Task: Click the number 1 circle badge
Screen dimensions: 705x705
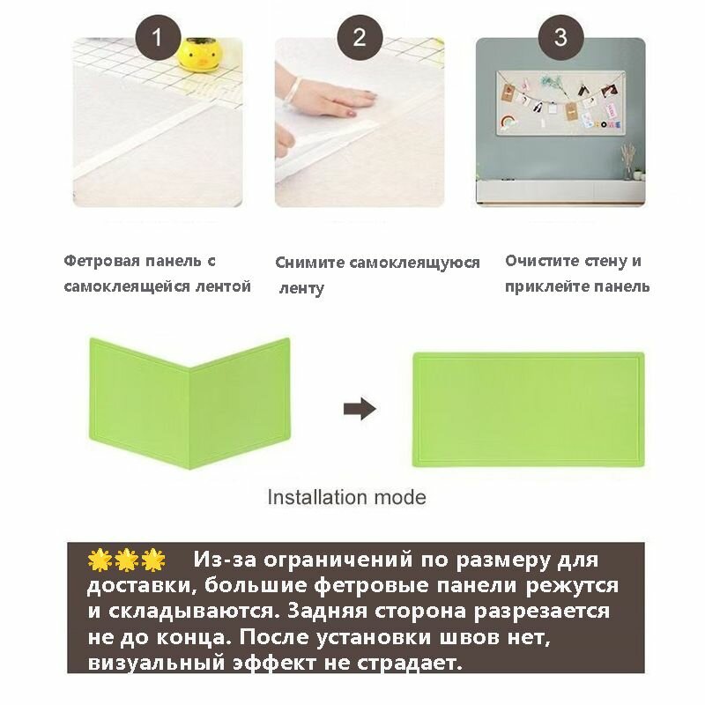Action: point(158,37)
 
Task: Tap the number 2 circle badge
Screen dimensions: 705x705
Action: point(360,37)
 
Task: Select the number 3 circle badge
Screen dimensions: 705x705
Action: point(560,37)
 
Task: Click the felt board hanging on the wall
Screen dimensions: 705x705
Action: point(560,103)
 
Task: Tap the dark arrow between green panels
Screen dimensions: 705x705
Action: point(360,409)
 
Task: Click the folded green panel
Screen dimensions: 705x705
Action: point(189,404)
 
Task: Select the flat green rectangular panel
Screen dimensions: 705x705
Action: point(528,409)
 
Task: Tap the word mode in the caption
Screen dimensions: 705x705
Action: point(400,498)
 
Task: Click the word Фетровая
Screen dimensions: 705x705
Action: point(101,261)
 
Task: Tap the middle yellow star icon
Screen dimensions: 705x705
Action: point(126,560)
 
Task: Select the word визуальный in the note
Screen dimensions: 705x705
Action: point(156,664)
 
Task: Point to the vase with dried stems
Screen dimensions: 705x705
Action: point(628,163)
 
